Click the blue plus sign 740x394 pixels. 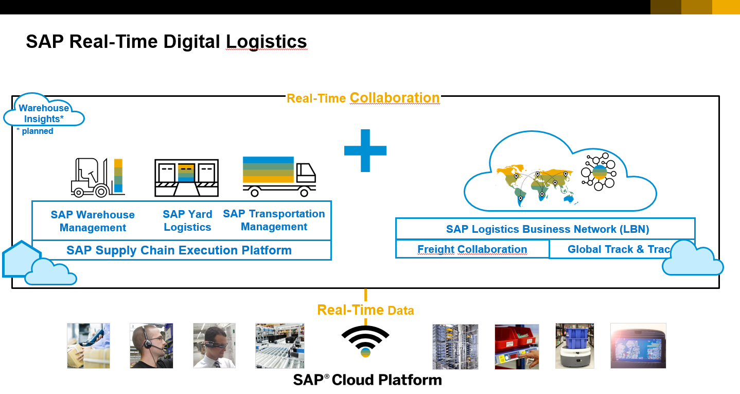365,150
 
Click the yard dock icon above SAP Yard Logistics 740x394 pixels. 186,178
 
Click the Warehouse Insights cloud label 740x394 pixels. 44,113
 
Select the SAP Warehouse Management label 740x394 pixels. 93,221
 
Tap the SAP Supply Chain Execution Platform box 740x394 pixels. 179,251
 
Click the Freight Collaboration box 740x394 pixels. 472,249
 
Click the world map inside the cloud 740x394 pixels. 535,183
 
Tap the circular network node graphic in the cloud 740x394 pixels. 598,172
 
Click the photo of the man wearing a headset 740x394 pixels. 151,346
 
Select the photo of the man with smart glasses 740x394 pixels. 214,346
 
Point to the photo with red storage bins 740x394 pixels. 516,346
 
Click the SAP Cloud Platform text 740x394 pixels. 367,380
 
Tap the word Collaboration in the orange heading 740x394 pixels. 394,98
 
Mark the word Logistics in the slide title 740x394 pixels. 266,42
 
